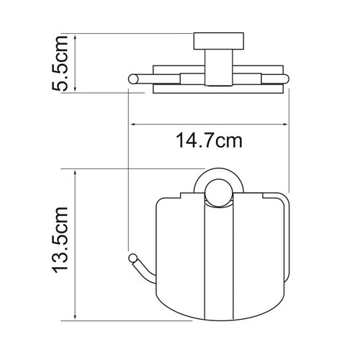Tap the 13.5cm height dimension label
pyautogui.click(x=63, y=245)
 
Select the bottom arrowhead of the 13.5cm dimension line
pyautogui.click(x=74, y=318)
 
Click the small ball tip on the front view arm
pyautogui.click(x=132, y=257)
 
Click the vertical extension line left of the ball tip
pyautogui.click(x=128, y=180)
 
